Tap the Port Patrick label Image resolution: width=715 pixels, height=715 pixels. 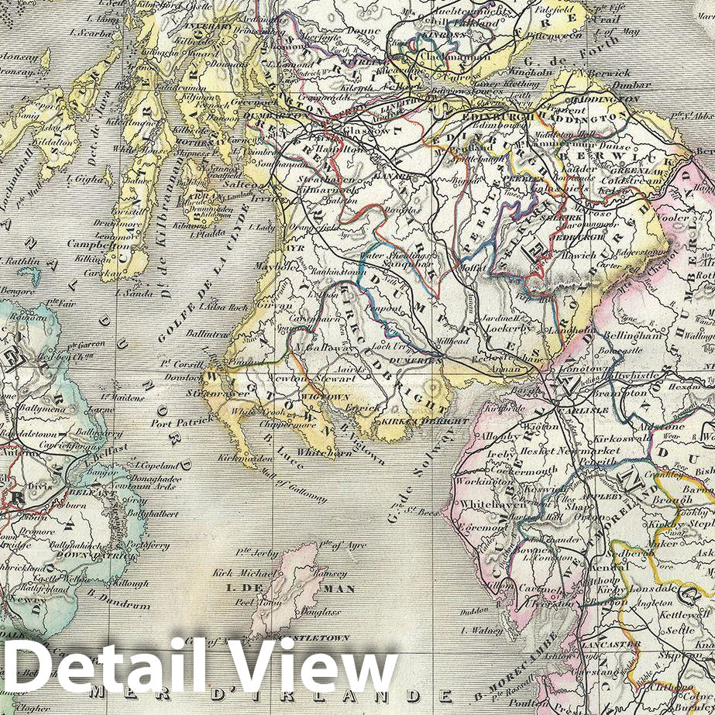[x=180, y=421]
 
